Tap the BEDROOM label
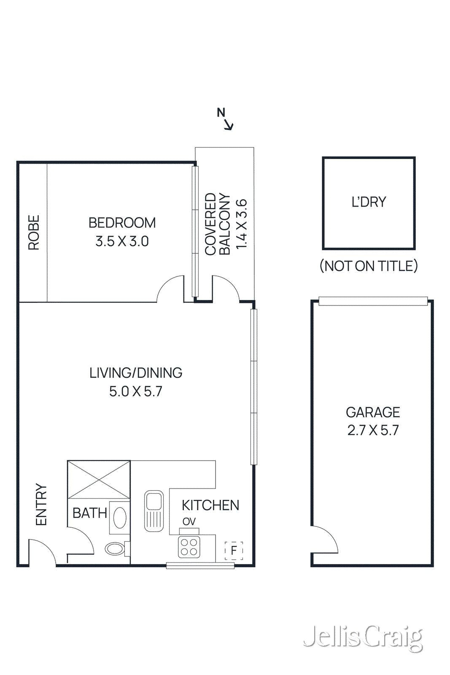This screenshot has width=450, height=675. (x=122, y=223)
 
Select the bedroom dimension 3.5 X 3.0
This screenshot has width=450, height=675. (x=122, y=241)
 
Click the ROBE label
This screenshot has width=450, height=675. (x=34, y=232)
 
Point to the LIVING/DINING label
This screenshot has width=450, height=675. (x=136, y=373)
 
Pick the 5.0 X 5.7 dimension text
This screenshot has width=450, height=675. (x=136, y=391)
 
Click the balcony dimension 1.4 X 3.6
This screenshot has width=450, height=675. (x=241, y=224)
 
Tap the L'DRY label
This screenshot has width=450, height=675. (x=369, y=202)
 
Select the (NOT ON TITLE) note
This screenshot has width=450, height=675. (x=369, y=266)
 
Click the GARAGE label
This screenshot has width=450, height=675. (x=373, y=412)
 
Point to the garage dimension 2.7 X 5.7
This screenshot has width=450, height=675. (x=373, y=430)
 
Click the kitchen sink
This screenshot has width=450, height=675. (x=154, y=510)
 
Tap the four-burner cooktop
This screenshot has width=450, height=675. (x=189, y=547)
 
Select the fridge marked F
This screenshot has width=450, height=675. (x=234, y=550)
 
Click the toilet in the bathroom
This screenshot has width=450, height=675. (x=116, y=548)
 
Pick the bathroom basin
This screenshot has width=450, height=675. (x=120, y=518)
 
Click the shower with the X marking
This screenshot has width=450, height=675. (x=99, y=480)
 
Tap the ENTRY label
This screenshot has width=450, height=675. (x=41, y=505)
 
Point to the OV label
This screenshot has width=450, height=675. (x=189, y=521)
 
